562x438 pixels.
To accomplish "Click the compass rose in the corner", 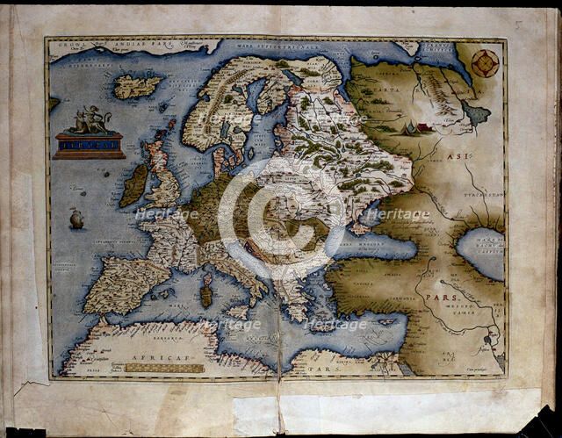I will coord(485,62).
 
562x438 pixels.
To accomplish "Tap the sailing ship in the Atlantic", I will coord(76,218).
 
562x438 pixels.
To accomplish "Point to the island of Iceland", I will coord(138,85).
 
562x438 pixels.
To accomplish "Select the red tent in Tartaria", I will coord(423,128).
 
